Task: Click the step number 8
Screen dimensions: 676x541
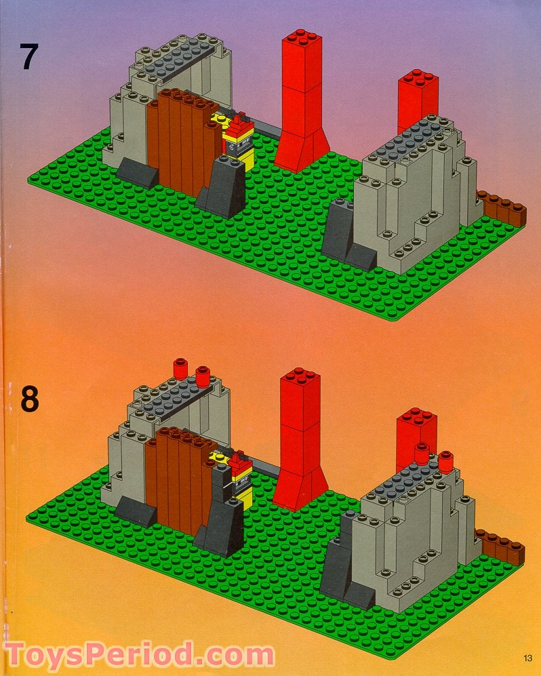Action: [29, 399]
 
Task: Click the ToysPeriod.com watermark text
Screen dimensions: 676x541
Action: [139, 656]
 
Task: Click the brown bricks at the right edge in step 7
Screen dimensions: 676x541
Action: [503, 207]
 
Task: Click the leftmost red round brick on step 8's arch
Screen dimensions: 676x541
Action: [180, 368]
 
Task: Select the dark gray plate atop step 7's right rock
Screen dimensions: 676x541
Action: [414, 140]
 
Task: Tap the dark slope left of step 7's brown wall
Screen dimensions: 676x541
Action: [138, 174]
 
